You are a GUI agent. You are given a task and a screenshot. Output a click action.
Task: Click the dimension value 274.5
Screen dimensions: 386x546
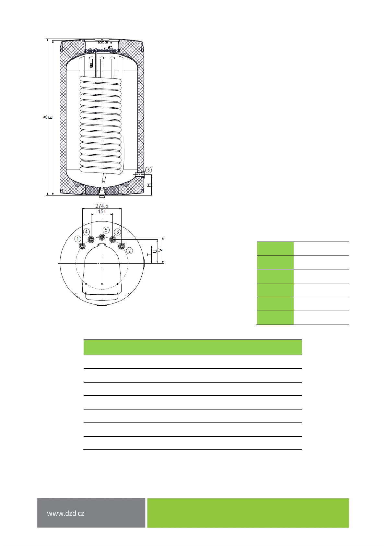[102, 206]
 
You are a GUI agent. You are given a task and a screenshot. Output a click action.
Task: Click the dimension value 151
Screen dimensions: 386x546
[102, 212]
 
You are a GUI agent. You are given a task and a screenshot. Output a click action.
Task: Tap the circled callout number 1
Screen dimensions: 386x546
[78, 239]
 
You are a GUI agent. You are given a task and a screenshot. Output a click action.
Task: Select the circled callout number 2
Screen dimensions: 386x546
[129, 251]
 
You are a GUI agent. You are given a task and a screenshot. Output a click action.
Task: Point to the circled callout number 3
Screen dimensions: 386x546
[117, 232]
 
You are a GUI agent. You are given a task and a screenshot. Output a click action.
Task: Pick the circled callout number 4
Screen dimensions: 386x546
[86, 232]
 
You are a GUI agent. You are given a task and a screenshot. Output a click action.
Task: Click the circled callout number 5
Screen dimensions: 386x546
[106, 230]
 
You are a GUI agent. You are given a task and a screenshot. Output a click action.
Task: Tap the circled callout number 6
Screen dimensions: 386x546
[148, 170]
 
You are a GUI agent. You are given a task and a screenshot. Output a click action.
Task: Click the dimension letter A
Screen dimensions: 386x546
[45, 117]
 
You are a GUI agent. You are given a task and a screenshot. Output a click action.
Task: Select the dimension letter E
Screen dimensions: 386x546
[51, 118]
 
